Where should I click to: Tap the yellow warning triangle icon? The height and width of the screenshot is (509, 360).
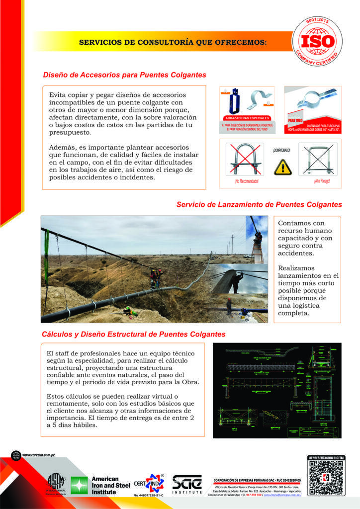281,166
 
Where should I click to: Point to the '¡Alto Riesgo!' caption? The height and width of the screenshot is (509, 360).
322,181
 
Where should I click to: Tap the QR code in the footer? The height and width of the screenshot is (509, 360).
327,479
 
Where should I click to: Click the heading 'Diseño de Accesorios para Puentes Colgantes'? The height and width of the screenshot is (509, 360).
124,75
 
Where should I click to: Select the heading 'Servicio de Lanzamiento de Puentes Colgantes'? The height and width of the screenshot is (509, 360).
259,204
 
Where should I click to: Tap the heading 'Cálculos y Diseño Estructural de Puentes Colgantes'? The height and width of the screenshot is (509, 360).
133,334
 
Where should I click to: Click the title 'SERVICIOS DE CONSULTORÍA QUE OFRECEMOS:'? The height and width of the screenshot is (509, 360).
173,43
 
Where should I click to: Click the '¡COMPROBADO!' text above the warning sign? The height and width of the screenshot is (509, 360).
281,150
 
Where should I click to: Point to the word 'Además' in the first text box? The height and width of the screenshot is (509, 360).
62,148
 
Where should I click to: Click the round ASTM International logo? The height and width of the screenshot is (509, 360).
56,482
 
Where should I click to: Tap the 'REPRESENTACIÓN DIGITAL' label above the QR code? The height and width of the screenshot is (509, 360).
327,457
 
